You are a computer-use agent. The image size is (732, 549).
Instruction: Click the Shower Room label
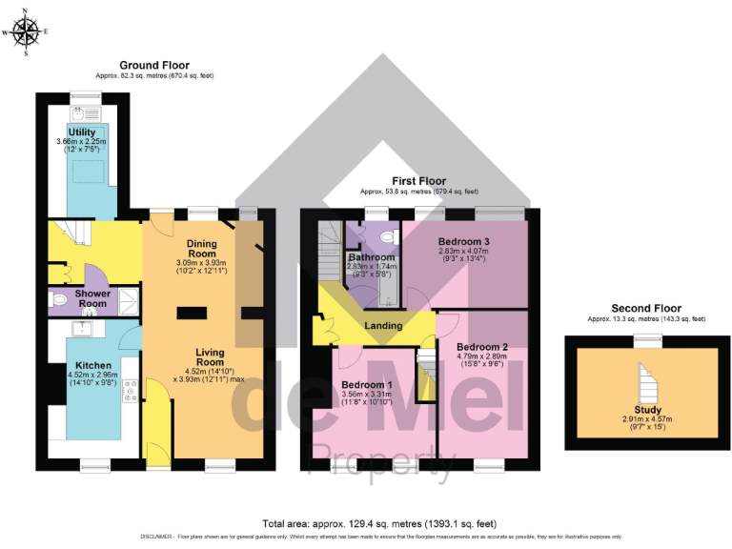(x=93, y=293)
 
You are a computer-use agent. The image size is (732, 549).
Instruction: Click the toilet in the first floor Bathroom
(x=388, y=235)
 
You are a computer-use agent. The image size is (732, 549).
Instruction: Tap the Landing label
(x=383, y=326)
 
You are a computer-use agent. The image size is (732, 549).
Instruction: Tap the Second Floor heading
(x=646, y=308)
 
